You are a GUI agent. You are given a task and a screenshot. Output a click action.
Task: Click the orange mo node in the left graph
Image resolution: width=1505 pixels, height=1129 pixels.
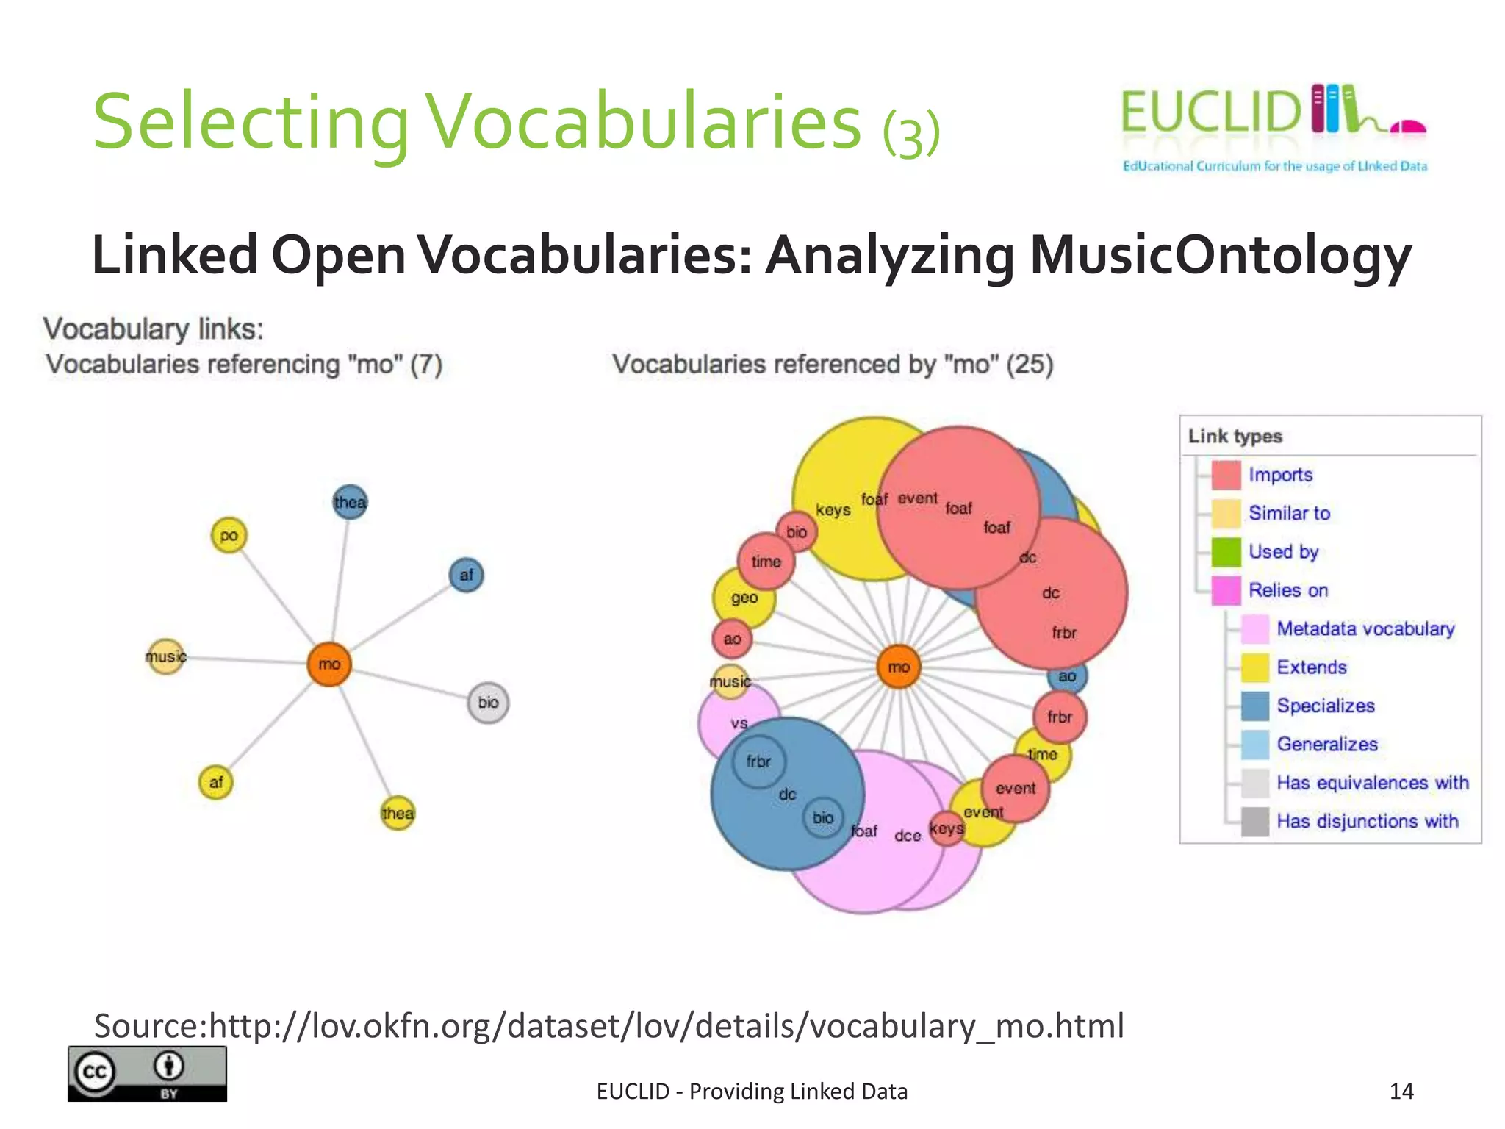(328, 664)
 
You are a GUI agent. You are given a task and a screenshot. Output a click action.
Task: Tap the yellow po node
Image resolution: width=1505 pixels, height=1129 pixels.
(229, 535)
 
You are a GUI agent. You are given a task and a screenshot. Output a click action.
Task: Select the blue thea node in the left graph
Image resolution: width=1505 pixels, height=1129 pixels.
(350, 502)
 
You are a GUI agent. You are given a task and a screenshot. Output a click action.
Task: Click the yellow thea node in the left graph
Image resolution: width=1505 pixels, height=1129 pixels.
(398, 813)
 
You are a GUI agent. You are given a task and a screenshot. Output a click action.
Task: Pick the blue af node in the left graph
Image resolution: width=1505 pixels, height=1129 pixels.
(466, 575)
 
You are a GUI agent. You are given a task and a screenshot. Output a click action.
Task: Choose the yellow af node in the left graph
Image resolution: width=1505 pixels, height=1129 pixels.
(216, 782)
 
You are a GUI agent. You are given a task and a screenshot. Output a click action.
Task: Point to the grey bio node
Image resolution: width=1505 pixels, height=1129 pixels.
(488, 703)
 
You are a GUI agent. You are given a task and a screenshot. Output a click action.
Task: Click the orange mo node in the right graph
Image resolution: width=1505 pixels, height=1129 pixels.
(899, 667)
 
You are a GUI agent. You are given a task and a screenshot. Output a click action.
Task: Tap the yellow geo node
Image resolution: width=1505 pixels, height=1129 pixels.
(744, 598)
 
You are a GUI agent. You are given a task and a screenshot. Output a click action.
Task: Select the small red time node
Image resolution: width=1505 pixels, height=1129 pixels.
(766, 562)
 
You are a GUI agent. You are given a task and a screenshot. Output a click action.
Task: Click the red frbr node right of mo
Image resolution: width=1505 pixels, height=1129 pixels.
(1059, 717)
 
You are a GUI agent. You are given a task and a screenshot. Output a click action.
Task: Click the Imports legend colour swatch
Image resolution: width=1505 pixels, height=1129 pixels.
(1226, 475)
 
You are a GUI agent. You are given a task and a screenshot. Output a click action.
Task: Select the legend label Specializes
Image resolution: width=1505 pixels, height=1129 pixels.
(1325, 706)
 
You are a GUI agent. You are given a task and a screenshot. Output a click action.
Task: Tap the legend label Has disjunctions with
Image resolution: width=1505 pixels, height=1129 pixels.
(1367, 821)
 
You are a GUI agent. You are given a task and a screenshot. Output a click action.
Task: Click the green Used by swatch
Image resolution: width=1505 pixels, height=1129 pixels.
(1226, 552)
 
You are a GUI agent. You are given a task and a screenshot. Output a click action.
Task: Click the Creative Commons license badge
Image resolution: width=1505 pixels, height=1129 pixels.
(147, 1073)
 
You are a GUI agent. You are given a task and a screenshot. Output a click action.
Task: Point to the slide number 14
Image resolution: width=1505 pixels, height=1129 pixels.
(1401, 1091)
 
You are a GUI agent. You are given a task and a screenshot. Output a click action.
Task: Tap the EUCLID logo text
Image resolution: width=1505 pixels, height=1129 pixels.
(1210, 112)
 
